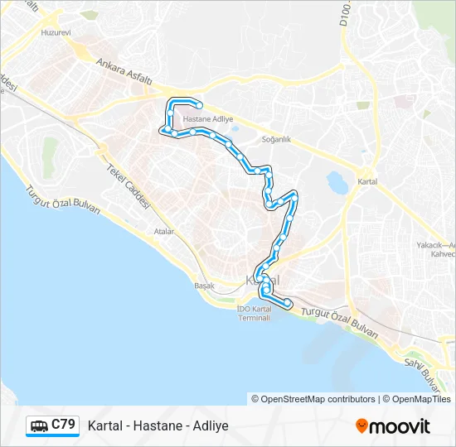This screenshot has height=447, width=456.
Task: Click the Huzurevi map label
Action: click(56, 33)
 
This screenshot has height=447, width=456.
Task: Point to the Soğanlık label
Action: click(276, 139)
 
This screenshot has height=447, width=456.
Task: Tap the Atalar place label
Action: click(163, 232)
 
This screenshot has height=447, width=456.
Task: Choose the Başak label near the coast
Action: click(203, 286)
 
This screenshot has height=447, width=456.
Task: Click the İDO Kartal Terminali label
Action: click(254, 314)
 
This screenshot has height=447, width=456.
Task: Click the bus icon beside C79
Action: click(39, 426)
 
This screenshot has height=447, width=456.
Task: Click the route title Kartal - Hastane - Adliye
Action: click(158, 426)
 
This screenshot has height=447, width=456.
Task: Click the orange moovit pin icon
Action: click(361, 426)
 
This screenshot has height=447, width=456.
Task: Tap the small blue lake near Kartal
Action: click(337, 181)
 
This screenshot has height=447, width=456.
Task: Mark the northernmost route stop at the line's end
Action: click(200, 104)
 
